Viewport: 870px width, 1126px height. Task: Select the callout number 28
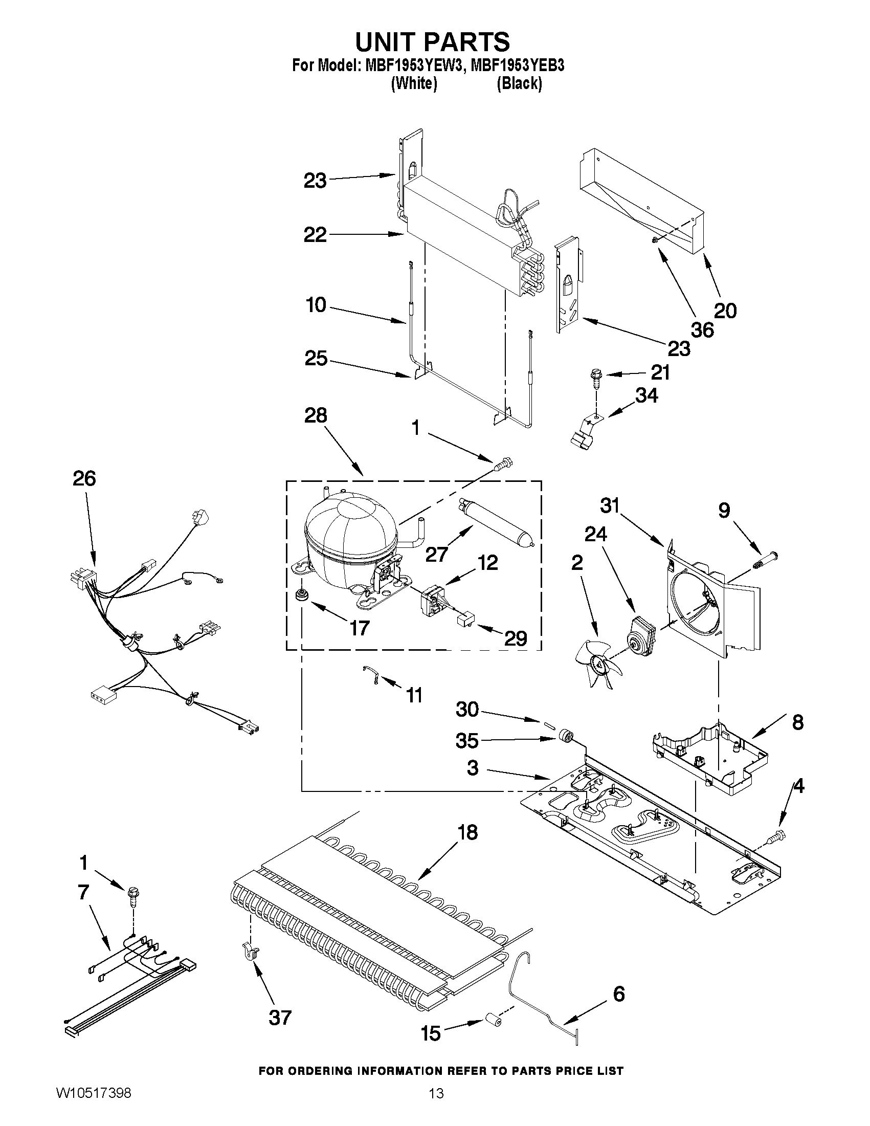coord(316,415)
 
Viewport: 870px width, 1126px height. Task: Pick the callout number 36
coord(702,330)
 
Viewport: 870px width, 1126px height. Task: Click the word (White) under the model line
coord(414,83)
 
